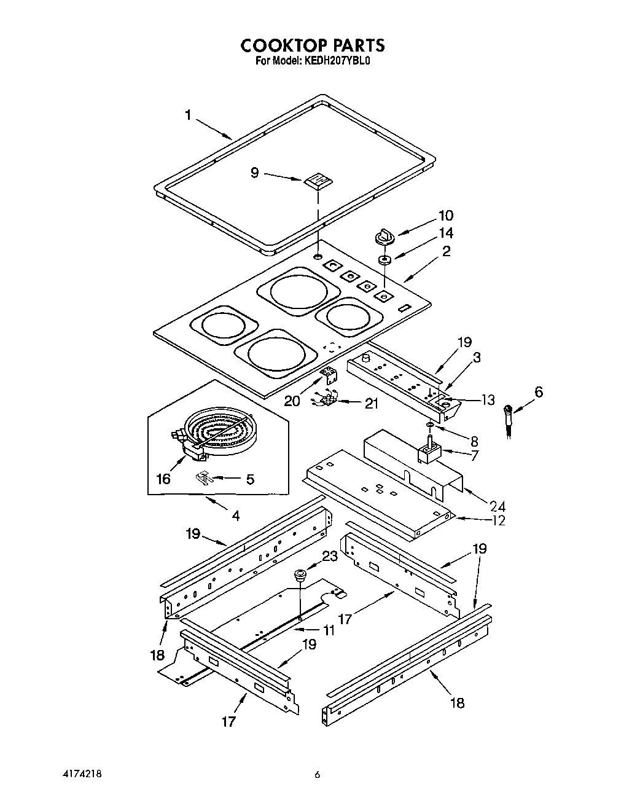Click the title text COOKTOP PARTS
pos(312,45)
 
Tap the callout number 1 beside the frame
pos(189,115)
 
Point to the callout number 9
pos(255,173)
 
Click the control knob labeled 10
pos(384,235)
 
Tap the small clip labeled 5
pos(205,477)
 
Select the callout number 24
pos(497,506)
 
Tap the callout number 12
pos(498,520)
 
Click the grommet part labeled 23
pos(300,575)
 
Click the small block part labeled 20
pos(330,374)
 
